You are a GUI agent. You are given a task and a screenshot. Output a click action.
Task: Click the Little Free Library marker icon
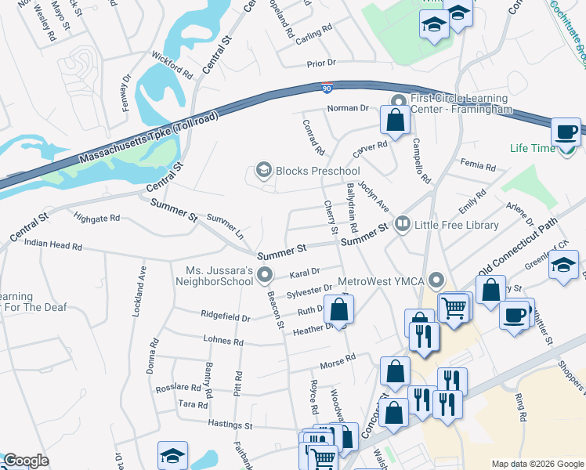point(403,225)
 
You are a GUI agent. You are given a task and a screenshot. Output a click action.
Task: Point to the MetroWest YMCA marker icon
point(436,280)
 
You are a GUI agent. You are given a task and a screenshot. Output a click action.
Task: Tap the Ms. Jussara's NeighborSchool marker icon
point(265,274)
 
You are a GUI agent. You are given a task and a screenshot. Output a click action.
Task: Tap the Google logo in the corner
point(26,461)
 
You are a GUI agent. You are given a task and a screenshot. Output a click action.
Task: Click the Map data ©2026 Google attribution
point(537,464)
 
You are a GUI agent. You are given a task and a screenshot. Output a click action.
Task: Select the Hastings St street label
point(230,425)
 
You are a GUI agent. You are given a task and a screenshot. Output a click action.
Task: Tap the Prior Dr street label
point(321,62)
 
